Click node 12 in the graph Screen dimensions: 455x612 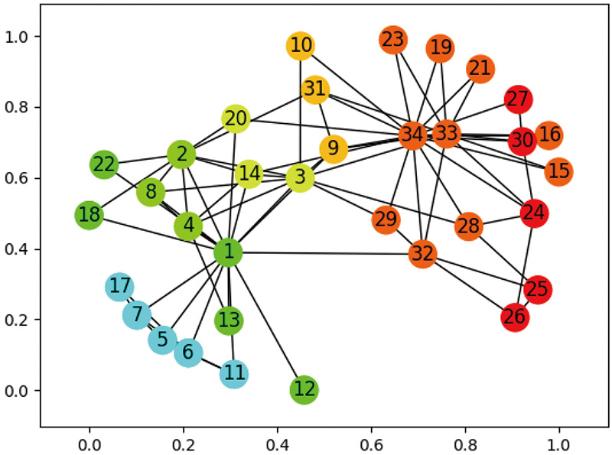tap(304, 390)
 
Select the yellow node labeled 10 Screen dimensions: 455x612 tap(301, 46)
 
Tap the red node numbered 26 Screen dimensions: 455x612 tap(516, 317)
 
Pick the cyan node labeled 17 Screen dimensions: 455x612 tap(119, 287)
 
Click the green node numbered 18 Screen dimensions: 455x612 tap(90, 215)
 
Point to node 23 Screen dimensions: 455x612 tap(392, 40)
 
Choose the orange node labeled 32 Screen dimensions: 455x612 tap(422, 253)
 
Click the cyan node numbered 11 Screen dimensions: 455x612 tap(234, 374)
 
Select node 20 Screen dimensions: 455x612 tap(236, 119)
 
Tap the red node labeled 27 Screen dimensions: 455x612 tap(518, 99)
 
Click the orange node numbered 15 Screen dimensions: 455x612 tap(559, 171)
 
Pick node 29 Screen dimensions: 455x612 tap(386, 220)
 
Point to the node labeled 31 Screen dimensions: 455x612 tap(314, 89)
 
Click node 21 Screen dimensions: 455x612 tap(480, 69)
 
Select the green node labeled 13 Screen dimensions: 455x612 tap(229, 320)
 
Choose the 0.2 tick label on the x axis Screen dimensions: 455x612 tap(183, 441)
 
